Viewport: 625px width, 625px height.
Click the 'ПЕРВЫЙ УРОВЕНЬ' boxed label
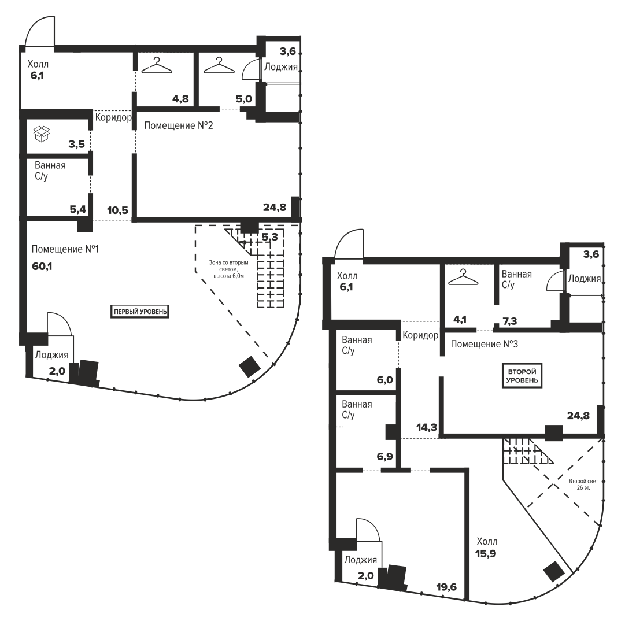(140, 311)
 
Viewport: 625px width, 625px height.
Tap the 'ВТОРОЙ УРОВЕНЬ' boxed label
(522, 376)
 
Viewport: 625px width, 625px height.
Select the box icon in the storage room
(42, 134)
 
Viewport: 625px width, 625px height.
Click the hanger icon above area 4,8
(157, 65)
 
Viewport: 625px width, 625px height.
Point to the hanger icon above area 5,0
(219, 65)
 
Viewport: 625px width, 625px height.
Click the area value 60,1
(42, 266)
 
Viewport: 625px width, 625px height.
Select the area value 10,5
(117, 210)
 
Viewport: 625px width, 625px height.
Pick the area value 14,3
(427, 427)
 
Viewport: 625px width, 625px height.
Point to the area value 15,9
(486, 553)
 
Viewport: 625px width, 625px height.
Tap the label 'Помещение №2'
(178, 125)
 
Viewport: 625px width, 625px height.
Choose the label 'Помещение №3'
(485, 344)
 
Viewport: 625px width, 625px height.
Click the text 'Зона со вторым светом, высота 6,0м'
(228, 269)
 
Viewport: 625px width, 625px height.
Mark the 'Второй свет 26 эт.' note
(583, 485)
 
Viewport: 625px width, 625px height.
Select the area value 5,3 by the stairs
(269, 237)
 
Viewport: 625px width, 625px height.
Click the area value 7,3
(510, 321)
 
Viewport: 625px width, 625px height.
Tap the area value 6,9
(384, 456)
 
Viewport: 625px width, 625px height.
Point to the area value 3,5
(76, 144)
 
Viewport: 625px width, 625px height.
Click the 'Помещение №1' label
(65, 249)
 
